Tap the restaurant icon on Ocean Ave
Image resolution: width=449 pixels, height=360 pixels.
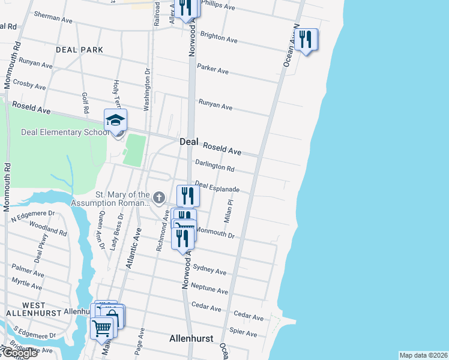tap(306, 40)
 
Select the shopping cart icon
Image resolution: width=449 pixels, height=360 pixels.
tap(102, 328)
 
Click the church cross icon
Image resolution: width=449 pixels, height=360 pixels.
tap(159, 197)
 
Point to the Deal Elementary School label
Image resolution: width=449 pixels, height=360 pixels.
tap(63, 133)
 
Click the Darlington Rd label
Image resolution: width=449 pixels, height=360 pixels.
tap(214, 166)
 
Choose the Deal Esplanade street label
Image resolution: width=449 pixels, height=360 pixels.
tap(217, 187)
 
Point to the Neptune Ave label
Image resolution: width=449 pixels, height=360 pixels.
tap(209, 289)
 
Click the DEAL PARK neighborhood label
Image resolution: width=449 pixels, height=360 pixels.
tap(79, 50)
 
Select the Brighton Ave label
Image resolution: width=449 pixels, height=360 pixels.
tap(218, 38)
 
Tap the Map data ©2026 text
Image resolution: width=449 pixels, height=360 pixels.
tap(423, 355)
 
